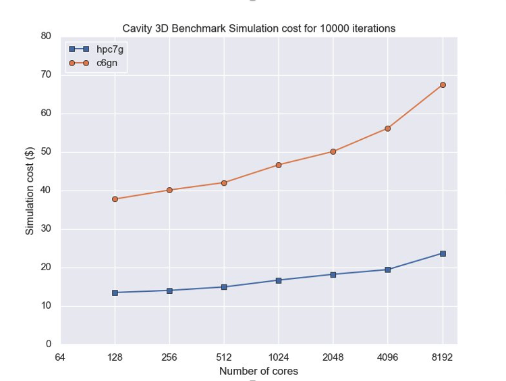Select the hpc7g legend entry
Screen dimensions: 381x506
95,49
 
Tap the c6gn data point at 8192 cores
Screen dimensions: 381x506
443,85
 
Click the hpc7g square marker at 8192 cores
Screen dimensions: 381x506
443,253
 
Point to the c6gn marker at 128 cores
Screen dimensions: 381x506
115,199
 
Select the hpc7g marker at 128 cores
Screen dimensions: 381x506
115,293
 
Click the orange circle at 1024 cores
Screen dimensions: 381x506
279,165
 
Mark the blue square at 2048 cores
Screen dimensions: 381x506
333,274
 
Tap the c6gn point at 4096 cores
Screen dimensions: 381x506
388,128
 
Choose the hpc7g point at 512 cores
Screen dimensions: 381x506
224,287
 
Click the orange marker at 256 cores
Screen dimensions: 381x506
169,190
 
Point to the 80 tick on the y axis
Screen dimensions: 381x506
47,36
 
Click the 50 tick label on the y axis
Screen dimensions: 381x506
47,152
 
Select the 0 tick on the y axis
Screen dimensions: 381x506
49,345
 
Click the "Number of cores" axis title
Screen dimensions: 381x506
258,371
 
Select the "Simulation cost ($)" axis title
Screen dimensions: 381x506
30,190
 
